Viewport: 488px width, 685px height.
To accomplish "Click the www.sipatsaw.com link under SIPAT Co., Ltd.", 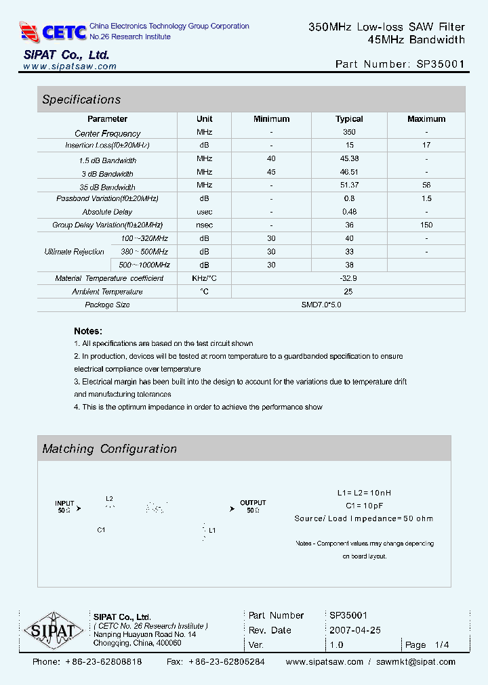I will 70,66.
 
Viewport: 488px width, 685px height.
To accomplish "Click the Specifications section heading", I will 81,100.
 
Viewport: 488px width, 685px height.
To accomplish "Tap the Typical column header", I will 349,119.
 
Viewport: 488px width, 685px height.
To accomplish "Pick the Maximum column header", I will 426,119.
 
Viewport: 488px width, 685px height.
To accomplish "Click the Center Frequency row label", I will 108,133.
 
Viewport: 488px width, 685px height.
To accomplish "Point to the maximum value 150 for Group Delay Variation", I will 426,225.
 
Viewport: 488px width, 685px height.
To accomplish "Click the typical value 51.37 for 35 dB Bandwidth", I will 349,185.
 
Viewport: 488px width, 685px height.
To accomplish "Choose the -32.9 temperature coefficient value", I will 349,278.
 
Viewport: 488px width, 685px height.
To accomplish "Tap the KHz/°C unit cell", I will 204,278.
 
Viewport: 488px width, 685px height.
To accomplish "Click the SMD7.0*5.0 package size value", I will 321,305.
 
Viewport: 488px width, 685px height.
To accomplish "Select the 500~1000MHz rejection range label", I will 144,265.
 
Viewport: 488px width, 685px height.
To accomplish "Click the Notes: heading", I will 88,331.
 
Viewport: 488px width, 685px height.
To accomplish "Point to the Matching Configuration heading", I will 109,449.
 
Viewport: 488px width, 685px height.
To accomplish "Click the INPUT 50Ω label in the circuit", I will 65,507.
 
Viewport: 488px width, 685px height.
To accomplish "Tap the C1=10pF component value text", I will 364,506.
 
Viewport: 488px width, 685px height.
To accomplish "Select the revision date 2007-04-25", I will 355,630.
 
